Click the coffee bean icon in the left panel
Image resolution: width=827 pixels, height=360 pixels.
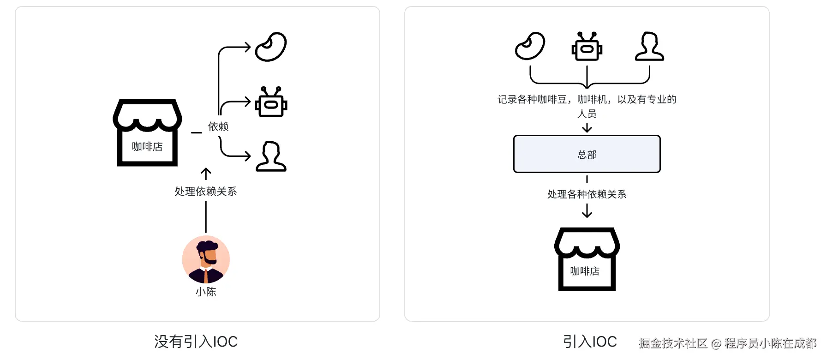(271, 47)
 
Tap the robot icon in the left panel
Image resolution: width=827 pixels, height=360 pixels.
(271, 102)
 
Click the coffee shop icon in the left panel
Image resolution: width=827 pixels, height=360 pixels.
(147, 132)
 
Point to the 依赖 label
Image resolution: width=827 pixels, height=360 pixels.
(218, 126)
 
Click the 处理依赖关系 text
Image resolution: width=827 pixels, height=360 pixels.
(206, 192)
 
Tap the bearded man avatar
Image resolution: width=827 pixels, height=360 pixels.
(206, 259)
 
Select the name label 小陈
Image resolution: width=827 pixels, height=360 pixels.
(206, 292)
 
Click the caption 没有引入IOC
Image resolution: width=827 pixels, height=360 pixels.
(196, 342)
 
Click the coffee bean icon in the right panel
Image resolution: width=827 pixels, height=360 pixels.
(530, 46)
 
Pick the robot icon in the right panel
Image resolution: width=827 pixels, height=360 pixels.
(587, 47)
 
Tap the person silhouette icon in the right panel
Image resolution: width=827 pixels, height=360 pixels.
(649, 46)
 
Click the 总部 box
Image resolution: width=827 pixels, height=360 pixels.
(587, 154)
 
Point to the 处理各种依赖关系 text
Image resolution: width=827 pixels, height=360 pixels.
(587, 194)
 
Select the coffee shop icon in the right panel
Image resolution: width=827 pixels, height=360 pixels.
(587, 259)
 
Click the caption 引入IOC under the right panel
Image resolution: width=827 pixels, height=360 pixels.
(590, 342)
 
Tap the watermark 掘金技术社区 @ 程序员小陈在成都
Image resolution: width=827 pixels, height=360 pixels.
(727, 343)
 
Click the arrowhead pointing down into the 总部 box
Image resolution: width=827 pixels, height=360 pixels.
(587, 130)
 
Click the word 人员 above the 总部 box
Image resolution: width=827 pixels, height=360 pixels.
(587, 114)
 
